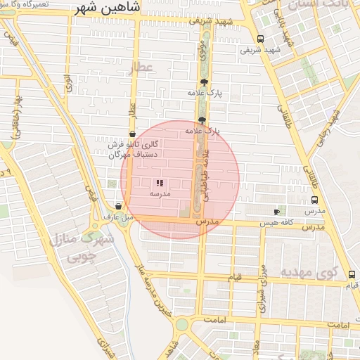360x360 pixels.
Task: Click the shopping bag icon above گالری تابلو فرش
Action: tap(132, 134)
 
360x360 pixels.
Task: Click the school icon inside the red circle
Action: tap(160, 182)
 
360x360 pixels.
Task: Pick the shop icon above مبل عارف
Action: tap(117, 207)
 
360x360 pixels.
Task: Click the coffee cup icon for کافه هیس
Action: tap(276, 212)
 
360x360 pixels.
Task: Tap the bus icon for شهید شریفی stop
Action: tap(261, 39)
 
